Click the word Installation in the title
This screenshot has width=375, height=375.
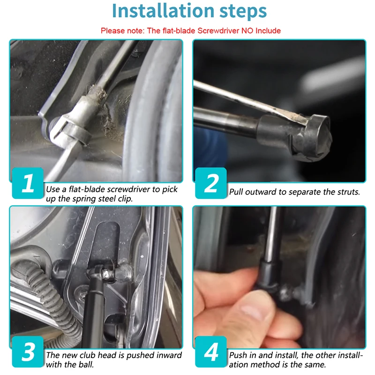coord(163,11)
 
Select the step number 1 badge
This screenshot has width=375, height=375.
coord(28,183)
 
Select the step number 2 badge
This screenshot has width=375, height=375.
coord(211,183)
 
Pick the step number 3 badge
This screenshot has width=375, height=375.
coord(28,352)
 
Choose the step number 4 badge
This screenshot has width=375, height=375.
coord(211,352)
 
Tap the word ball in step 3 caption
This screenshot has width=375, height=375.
coord(86,365)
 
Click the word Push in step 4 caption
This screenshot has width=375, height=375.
coord(238,355)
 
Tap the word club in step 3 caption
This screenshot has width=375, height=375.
coord(88,355)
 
